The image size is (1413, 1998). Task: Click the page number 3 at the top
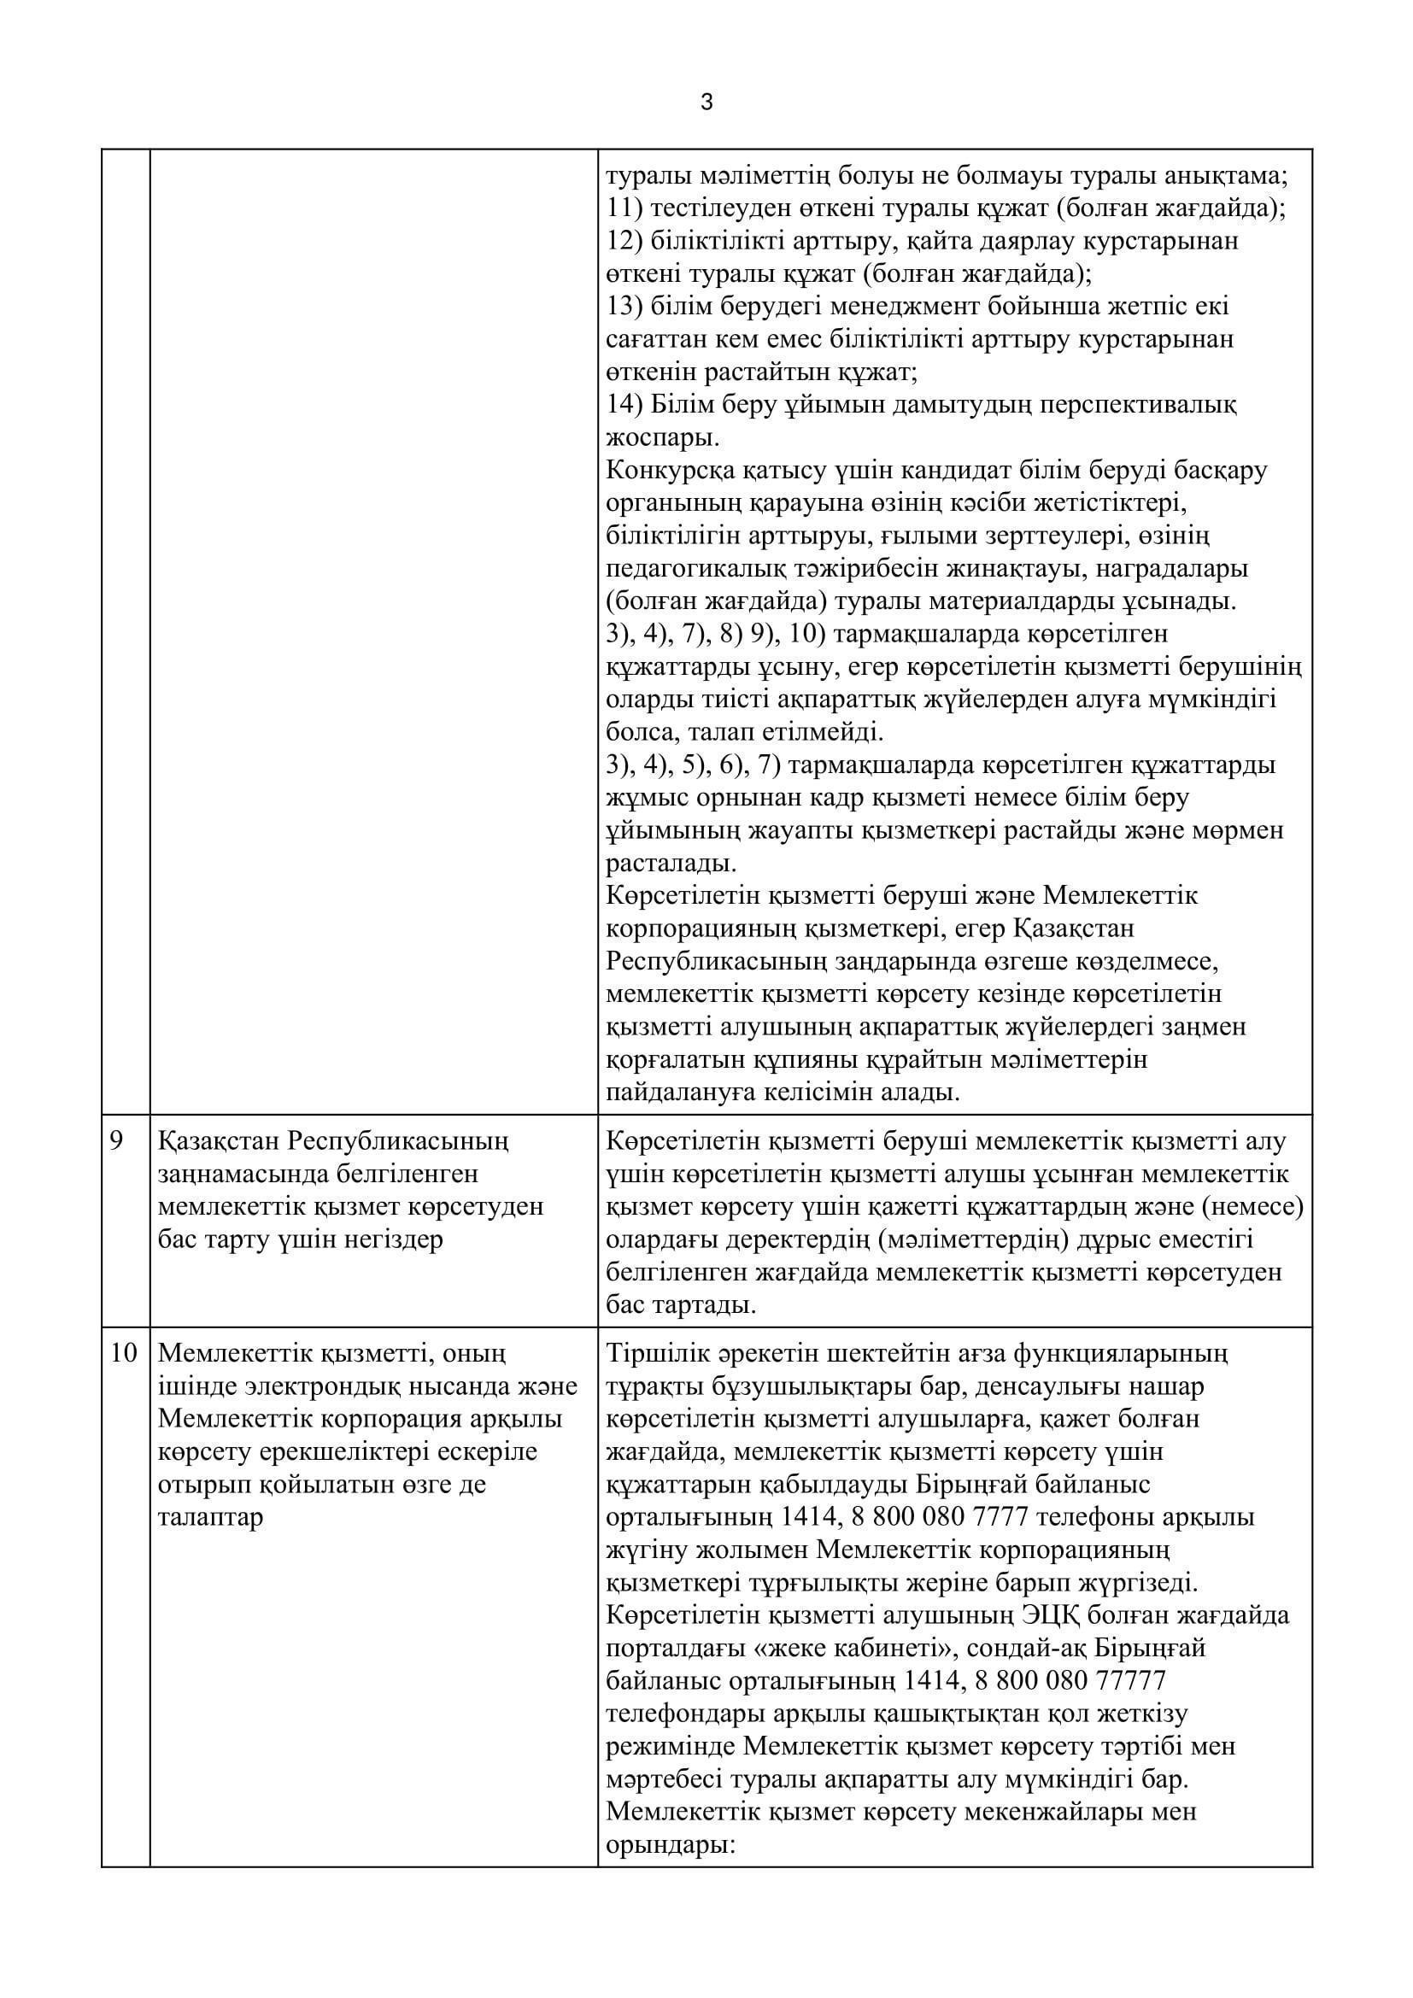click(706, 103)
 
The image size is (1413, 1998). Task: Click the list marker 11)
click(624, 208)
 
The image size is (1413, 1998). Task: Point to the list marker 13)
click(624, 307)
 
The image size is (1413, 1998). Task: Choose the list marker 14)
click(624, 405)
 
